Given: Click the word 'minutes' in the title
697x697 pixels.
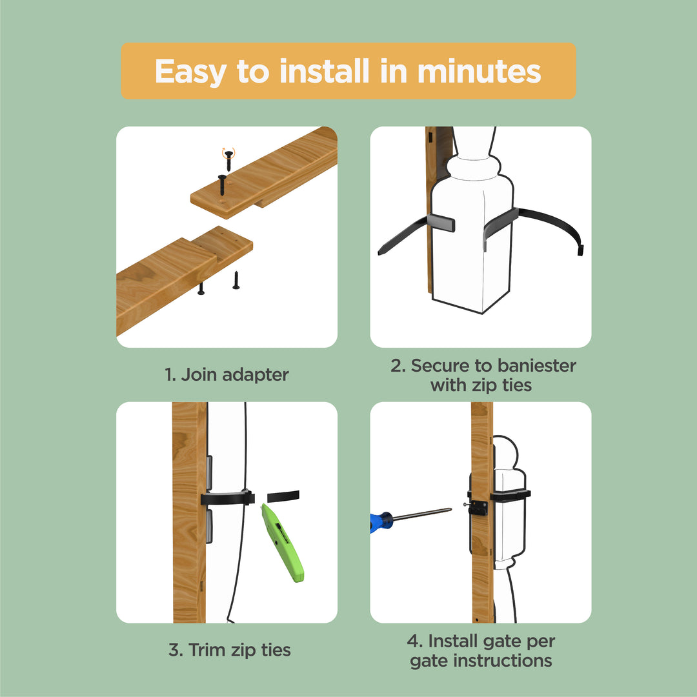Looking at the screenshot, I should click(479, 72).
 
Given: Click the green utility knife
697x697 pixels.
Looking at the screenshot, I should click(282, 543).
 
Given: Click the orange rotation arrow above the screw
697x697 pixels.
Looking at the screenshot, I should click(227, 152).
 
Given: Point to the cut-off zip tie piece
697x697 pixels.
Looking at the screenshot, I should click(283, 496).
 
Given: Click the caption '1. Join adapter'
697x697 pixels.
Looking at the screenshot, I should click(227, 374).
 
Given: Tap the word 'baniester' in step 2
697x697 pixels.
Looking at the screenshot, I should click(536, 366).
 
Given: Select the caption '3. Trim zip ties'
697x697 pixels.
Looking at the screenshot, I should click(230, 650).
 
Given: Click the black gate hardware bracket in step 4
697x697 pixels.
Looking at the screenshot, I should click(478, 507).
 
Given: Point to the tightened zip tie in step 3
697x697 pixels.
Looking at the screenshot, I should click(226, 498).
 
